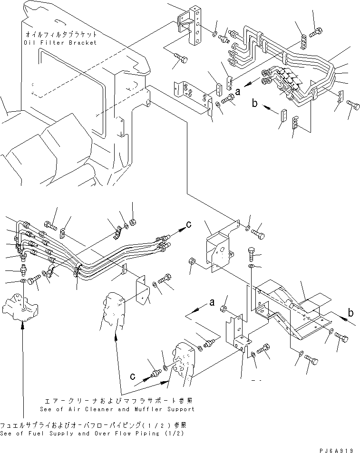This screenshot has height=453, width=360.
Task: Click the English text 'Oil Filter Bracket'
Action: point(59,42)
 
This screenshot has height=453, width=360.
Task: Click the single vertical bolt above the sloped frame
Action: point(252,253)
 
